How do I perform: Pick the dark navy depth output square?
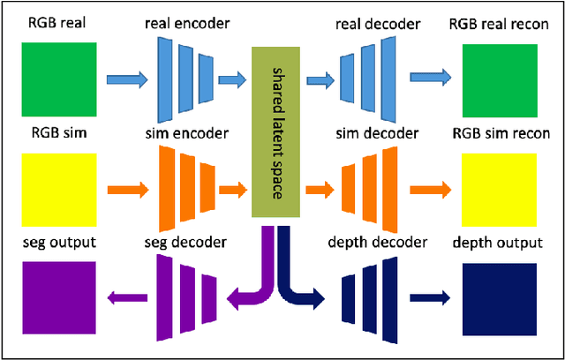click(499, 296)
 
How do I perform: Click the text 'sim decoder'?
click(377, 133)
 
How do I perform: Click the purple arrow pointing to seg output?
click(124, 298)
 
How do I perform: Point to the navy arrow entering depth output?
click(430, 298)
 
